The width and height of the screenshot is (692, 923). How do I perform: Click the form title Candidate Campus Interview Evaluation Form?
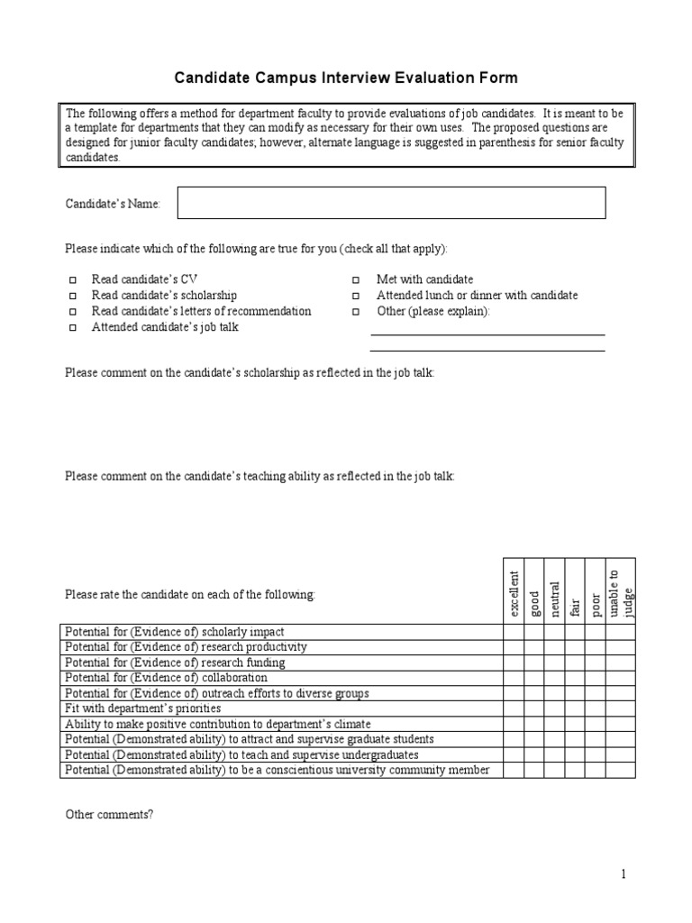coord(346,78)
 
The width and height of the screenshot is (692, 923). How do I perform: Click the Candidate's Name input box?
coord(391,203)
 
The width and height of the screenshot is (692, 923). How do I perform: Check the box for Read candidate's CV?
coord(73,280)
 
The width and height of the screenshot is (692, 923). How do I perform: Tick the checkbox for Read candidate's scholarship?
coord(73,297)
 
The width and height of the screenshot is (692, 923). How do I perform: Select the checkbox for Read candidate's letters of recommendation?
coord(73,312)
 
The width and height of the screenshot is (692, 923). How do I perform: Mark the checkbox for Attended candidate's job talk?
coord(73,328)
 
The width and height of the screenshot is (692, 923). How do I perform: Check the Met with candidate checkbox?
coord(356,280)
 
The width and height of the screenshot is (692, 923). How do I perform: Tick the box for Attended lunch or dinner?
coord(356,297)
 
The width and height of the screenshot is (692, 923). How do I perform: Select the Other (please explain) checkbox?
coord(356,312)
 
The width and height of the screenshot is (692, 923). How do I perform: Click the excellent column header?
coord(514,592)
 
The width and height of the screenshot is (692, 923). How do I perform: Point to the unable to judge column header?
coord(620,592)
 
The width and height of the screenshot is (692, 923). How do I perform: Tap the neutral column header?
coord(554,592)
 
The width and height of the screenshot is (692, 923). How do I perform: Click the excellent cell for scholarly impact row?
coord(514,632)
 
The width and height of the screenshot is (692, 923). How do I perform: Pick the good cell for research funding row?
coord(534,663)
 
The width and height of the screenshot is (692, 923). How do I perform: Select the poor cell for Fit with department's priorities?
coord(595,708)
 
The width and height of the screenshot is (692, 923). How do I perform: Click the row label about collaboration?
coord(166,678)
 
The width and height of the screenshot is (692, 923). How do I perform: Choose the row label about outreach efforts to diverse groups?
coord(216,693)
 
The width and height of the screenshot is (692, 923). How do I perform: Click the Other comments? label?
coord(109,814)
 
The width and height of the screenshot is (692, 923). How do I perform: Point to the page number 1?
coord(623,873)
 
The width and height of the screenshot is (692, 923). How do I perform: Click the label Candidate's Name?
coord(113,205)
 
